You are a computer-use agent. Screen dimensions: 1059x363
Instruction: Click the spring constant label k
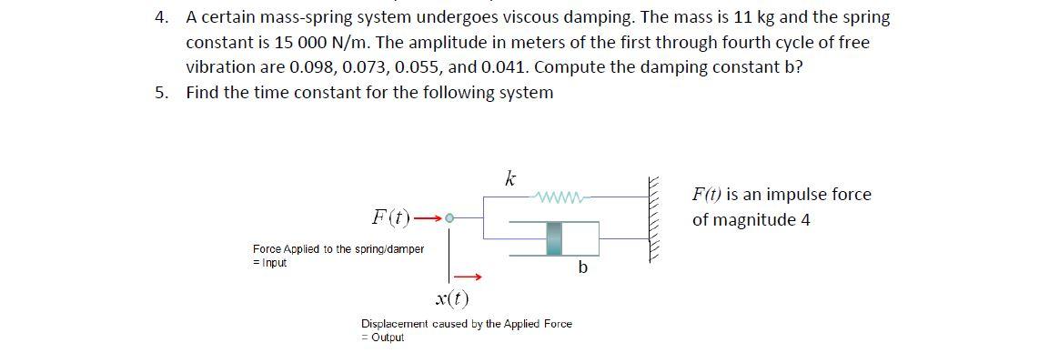tap(510, 179)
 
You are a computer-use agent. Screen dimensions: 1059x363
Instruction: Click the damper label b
tap(583, 268)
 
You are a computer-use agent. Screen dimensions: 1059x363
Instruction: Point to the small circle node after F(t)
tap(449, 218)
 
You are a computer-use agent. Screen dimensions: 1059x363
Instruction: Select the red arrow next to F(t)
tap(429, 218)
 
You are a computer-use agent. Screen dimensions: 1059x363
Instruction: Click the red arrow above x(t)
tap(467, 276)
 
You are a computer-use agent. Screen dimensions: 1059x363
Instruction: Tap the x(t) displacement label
tap(453, 298)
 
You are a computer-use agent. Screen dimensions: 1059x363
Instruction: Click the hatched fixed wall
tap(653, 219)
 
